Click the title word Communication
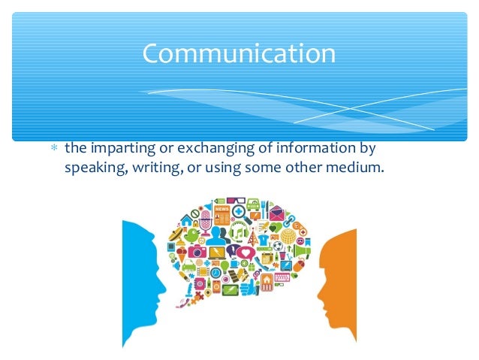pyautogui.click(x=239, y=54)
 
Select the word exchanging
pyautogui.click(x=201, y=148)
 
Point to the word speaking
pyautogui.click(x=90, y=168)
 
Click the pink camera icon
pyautogui.click(x=197, y=253)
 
